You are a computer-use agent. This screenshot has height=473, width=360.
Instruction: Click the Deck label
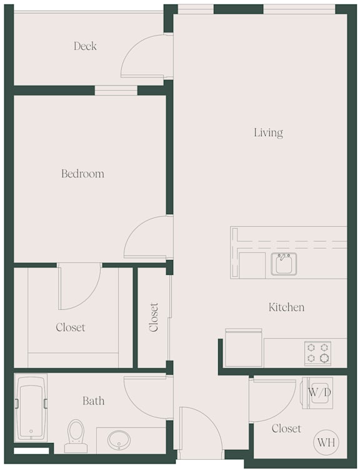[x=85, y=46]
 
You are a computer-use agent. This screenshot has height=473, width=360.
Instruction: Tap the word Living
[x=268, y=132]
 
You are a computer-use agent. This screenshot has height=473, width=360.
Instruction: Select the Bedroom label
[x=82, y=174]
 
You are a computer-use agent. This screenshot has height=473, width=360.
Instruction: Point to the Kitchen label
[x=286, y=307]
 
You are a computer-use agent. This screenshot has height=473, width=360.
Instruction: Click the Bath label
[x=94, y=401]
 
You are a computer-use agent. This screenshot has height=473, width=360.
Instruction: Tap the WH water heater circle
[x=326, y=442]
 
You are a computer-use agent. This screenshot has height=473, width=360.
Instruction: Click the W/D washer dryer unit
[x=317, y=393]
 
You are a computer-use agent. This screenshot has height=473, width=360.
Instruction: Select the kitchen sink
[x=284, y=264]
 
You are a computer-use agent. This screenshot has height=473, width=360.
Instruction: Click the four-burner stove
[x=317, y=353]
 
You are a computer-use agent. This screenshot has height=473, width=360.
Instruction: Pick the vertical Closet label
[x=154, y=317]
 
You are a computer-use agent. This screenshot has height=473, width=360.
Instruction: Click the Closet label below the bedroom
[x=70, y=327]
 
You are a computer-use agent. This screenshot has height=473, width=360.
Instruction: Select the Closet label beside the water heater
[x=286, y=429]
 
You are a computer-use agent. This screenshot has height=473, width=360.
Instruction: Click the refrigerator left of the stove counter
[x=244, y=348]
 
